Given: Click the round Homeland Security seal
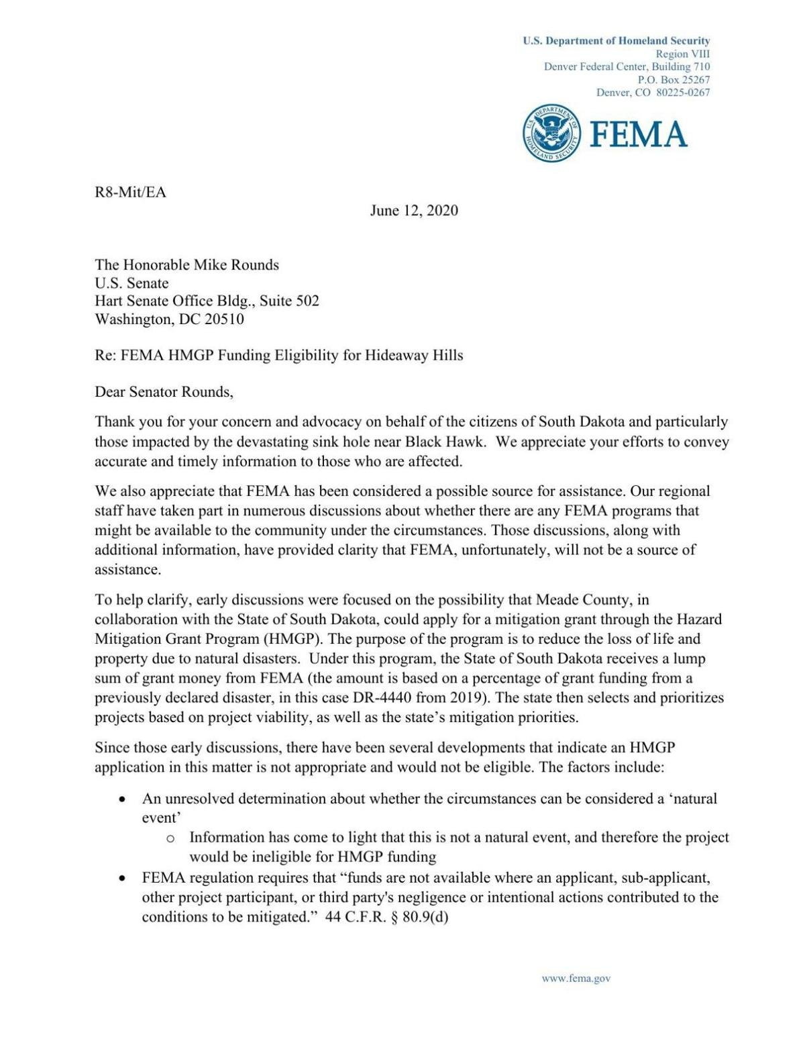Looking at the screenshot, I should tap(551, 133).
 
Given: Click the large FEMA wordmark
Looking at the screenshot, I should tap(638, 134).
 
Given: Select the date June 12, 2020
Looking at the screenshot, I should tap(414, 211).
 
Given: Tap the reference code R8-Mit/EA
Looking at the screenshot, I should tap(130, 193).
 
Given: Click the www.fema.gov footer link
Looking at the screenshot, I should tap(576, 978).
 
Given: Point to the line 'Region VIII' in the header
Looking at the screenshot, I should tap(682, 54).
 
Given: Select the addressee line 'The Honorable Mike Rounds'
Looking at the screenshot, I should tap(186, 265).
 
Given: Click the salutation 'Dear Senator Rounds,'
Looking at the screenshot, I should tap(164, 392).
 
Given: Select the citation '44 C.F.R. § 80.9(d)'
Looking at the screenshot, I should tap(386, 917).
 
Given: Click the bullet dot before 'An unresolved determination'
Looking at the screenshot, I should tap(122, 800).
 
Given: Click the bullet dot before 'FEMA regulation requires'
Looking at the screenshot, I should tap(122, 879).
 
